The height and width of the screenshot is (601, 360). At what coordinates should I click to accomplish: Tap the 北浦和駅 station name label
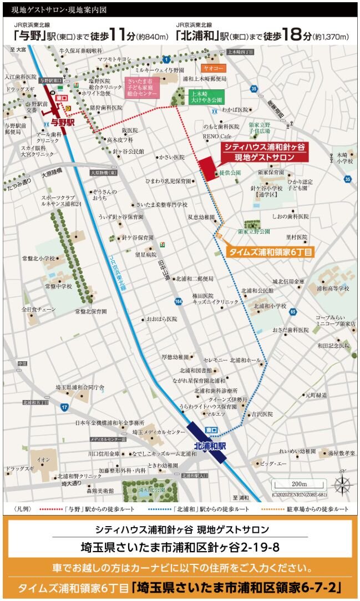click(210, 446)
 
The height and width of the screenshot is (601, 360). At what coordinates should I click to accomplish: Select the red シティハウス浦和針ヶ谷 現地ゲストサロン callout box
click(265, 152)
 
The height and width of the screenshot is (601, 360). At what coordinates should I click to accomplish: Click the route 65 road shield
click(292, 312)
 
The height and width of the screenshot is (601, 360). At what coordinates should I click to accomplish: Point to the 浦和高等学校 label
click(333, 289)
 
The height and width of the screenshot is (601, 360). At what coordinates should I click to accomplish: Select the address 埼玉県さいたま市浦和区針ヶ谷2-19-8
click(180, 547)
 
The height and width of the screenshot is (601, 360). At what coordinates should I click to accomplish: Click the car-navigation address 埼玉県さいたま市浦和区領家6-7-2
click(239, 587)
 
